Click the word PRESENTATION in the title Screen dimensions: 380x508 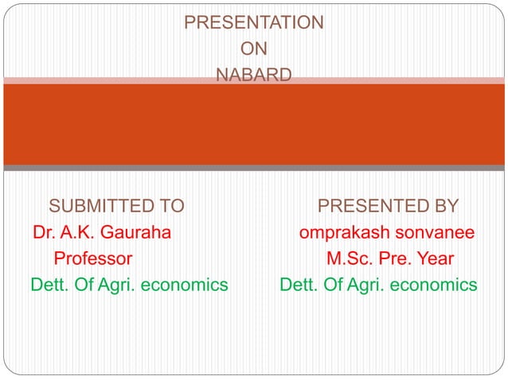click(x=253, y=22)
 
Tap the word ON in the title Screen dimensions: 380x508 click(x=253, y=49)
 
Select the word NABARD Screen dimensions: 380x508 click(x=253, y=76)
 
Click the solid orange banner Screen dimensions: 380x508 click(x=253, y=123)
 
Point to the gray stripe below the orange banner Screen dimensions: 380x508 click(x=253, y=168)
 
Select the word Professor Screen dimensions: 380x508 click(x=92, y=258)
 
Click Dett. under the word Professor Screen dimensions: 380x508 click(x=49, y=285)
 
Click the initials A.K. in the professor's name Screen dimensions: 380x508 click(x=80, y=233)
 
